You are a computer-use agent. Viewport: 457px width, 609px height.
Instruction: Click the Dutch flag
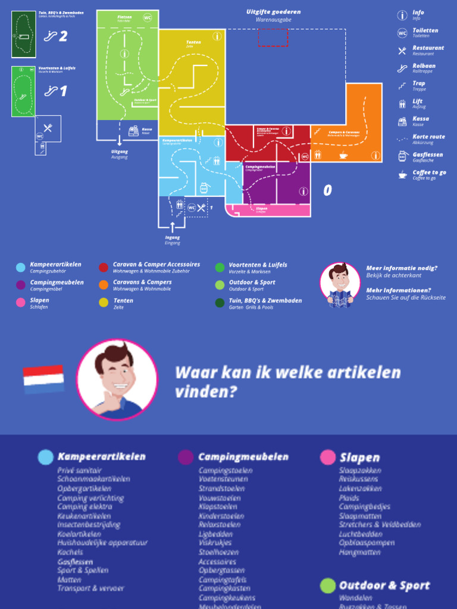tap(43, 379)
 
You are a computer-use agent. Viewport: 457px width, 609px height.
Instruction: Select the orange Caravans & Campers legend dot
tap(104, 285)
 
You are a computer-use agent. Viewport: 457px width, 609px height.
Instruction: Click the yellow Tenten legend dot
tap(104, 303)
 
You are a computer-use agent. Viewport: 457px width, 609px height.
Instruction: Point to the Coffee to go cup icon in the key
tap(402, 174)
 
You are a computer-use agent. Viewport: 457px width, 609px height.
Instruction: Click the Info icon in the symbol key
tap(402, 15)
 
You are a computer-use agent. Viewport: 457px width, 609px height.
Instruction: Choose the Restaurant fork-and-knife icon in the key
tap(402, 51)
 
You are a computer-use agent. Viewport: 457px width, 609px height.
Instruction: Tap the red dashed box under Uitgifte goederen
tap(273, 37)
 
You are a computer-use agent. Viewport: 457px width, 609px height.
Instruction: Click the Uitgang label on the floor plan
tap(120, 152)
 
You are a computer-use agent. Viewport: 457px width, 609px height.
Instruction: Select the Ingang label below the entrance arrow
tap(173, 238)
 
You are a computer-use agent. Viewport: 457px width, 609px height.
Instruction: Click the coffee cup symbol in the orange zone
tap(343, 156)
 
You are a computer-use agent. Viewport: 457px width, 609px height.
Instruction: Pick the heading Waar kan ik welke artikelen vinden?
tap(288, 382)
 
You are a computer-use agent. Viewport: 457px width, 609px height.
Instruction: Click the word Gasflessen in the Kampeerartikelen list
tap(75, 561)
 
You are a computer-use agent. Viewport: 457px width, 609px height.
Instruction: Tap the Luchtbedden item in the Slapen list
tap(361, 534)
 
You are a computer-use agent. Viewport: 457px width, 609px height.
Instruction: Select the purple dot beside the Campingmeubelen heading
tap(186, 457)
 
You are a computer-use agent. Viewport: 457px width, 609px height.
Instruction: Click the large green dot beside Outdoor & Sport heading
tap(328, 586)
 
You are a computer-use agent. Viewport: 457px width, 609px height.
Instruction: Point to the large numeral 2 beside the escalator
tap(63, 37)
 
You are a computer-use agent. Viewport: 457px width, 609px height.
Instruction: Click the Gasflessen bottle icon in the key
tap(402, 156)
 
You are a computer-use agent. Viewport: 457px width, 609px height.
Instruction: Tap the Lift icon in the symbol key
tap(402, 103)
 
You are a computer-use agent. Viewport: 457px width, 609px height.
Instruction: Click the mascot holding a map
tap(340, 285)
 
